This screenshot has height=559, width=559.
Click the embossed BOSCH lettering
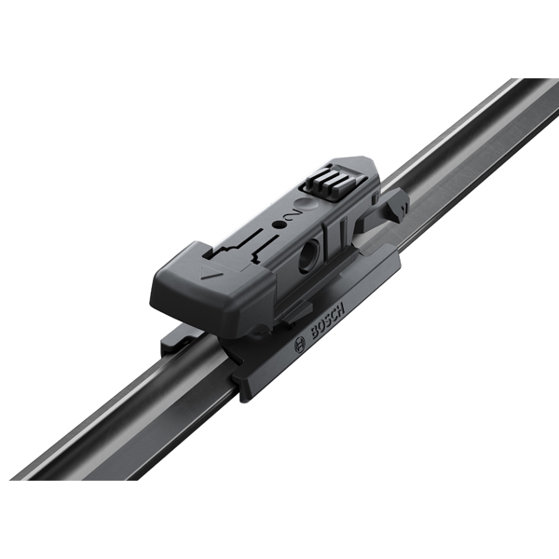(x=328, y=320)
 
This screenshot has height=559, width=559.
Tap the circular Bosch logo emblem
(x=300, y=345)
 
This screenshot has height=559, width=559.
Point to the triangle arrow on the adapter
(x=207, y=273)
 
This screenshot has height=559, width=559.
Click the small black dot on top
(x=278, y=225)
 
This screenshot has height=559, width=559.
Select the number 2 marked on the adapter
(x=292, y=215)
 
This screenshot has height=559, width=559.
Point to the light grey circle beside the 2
(x=307, y=205)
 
